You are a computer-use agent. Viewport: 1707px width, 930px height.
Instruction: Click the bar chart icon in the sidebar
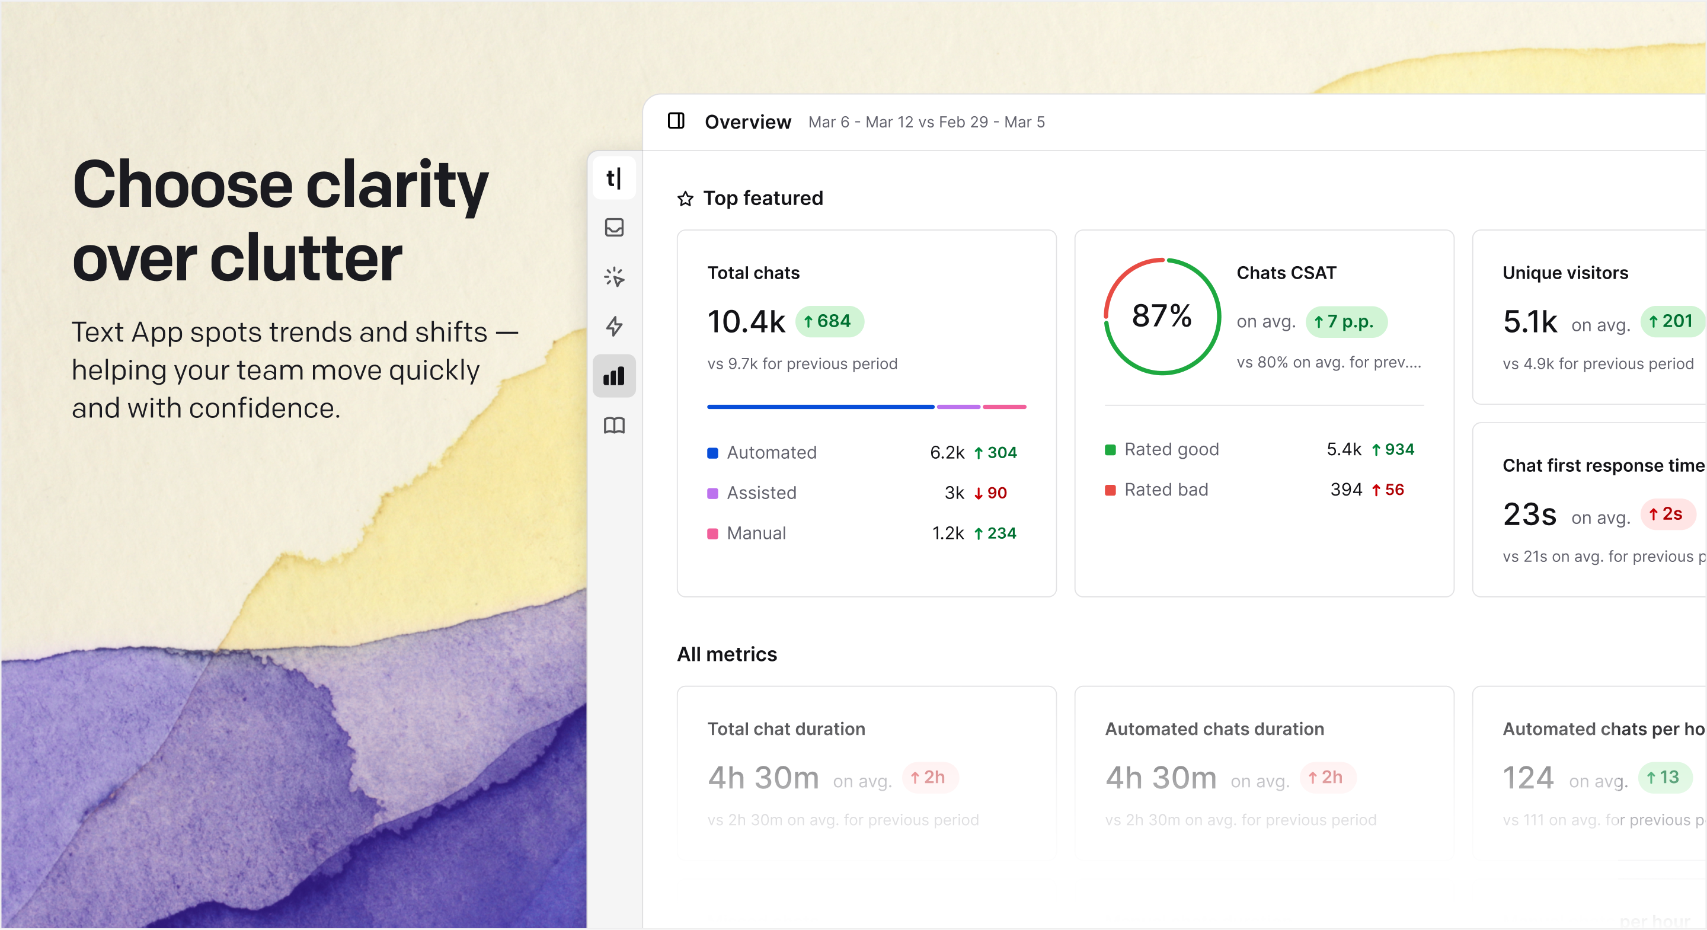point(613,376)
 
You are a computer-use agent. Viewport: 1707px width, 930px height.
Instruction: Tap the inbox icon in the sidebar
point(613,228)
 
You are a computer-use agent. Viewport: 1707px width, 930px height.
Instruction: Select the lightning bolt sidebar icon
point(613,326)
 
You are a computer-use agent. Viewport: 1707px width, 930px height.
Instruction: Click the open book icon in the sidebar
point(613,426)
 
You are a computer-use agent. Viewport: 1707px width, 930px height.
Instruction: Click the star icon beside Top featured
point(685,199)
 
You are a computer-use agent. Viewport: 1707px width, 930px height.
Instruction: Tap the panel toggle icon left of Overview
point(676,122)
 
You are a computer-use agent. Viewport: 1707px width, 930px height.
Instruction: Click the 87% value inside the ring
point(1162,315)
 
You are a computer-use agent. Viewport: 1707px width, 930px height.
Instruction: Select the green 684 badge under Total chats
point(829,321)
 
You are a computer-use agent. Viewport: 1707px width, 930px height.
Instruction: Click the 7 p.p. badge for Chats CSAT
point(1345,322)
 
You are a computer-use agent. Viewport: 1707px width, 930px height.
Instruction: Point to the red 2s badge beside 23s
point(1667,514)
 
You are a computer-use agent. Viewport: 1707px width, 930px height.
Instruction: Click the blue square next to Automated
point(713,453)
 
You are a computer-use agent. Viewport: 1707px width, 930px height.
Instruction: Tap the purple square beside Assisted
point(713,493)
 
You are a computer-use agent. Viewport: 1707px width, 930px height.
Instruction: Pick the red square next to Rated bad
point(1111,490)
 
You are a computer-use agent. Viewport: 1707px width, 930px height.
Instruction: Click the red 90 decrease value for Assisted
point(990,493)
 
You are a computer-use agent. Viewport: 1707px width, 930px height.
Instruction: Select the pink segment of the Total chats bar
point(1005,407)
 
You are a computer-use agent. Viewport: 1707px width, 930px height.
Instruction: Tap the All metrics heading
point(727,654)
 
